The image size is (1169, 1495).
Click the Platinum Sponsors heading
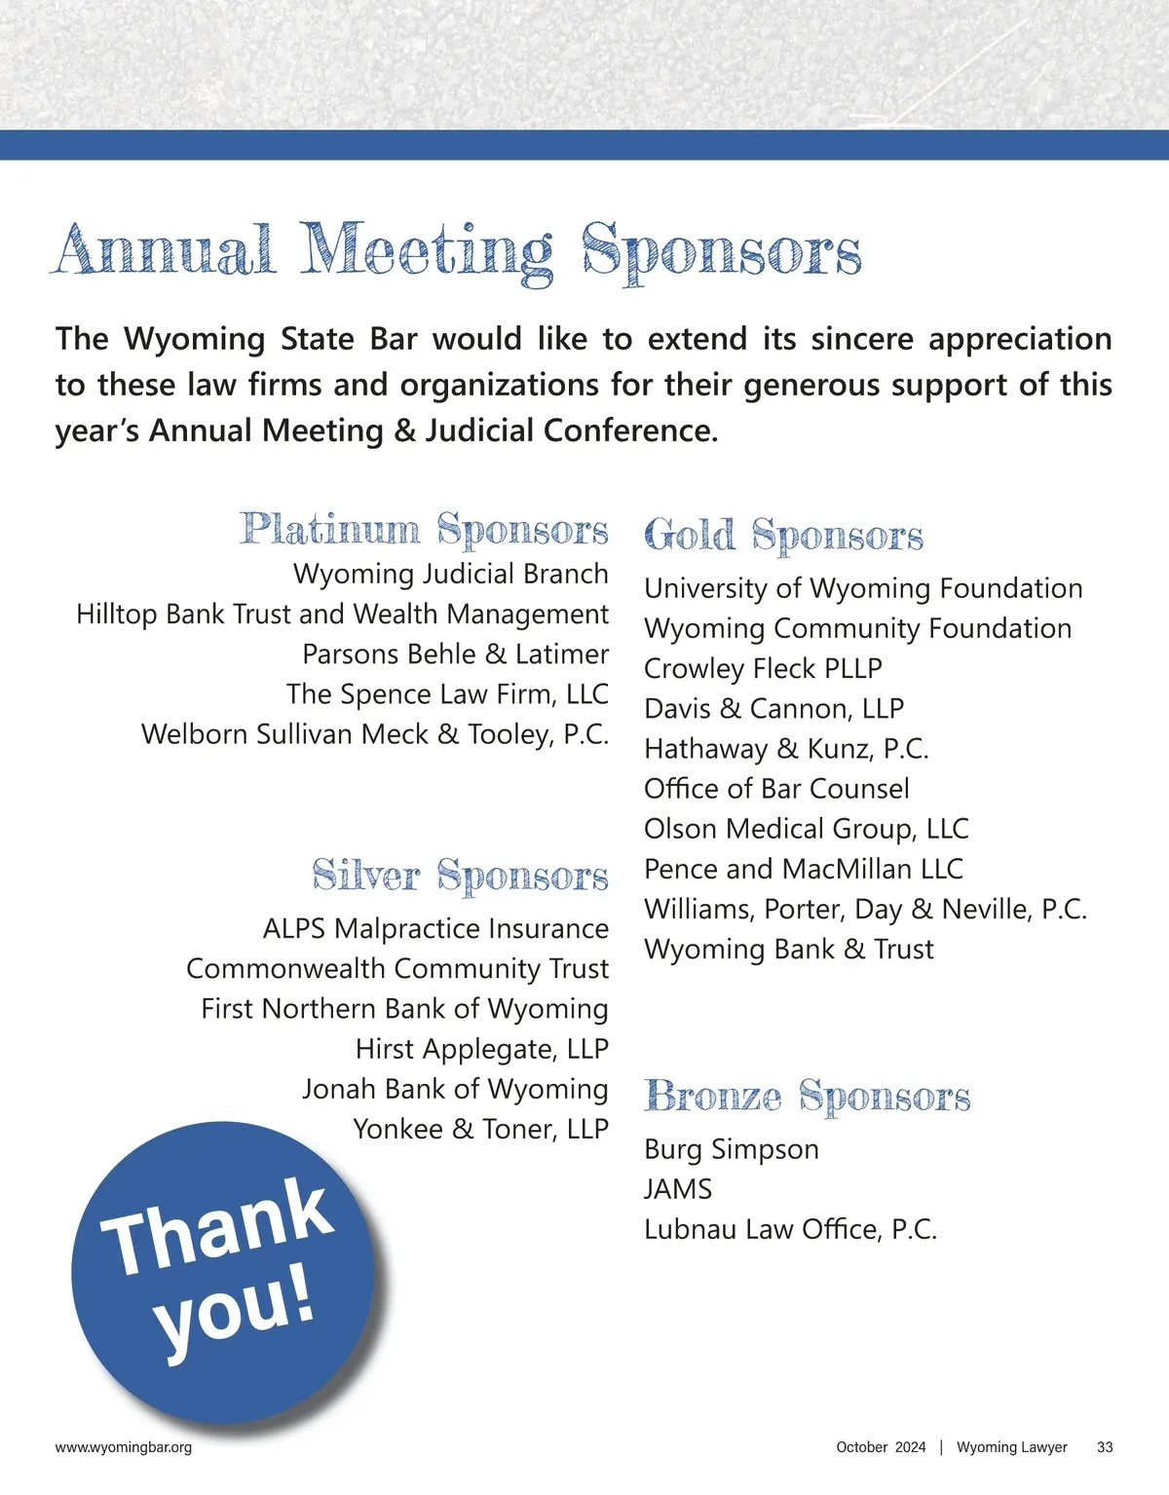[425, 530]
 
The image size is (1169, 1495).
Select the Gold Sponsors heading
[783, 536]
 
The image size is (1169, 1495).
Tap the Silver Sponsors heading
[460, 876]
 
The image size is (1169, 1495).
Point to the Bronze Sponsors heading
[807, 1097]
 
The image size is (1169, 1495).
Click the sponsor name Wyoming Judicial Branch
[450, 575]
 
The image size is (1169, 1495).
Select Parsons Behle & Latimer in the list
[455, 654]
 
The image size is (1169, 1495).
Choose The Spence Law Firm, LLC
[447, 694]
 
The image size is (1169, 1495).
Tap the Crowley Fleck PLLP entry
[763, 669]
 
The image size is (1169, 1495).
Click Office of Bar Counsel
[776, 789]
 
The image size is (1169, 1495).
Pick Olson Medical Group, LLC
[806, 829]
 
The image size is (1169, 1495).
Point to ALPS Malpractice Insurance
[435, 929]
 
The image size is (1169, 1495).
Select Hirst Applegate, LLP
[481, 1049]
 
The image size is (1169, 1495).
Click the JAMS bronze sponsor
[678, 1189]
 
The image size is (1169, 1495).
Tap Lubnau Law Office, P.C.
[790, 1229]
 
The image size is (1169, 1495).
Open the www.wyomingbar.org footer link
[124, 1447]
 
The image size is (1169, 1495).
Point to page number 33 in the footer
[1105, 1447]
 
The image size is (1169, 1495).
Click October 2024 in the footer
[881, 1447]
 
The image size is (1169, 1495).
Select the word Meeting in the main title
[427, 251]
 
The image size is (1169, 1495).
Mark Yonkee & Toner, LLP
[480, 1129]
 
